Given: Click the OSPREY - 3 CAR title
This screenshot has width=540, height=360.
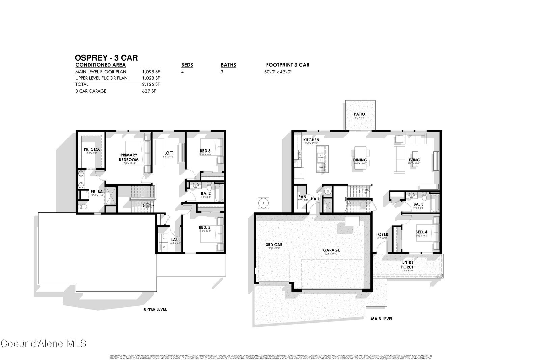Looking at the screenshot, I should (x=106, y=58).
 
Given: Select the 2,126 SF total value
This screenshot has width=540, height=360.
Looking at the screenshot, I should (x=151, y=84).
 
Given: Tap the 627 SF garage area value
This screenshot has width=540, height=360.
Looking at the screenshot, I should (x=149, y=91).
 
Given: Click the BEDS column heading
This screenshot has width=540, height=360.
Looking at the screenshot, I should (x=187, y=65).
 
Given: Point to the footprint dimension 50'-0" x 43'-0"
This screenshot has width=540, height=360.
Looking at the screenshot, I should (x=277, y=72).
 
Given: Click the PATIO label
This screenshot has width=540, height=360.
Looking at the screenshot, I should (x=359, y=114).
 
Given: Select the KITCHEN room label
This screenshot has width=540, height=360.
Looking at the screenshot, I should (x=311, y=140).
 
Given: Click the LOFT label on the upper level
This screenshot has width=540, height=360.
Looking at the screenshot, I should (x=168, y=153).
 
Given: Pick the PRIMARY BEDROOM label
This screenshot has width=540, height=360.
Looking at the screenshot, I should (x=129, y=157).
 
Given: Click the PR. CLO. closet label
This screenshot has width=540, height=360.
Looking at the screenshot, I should (x=92, y=149).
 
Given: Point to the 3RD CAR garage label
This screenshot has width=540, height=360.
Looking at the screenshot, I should (x=274, y=245).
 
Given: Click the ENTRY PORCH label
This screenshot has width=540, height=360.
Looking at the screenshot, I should (x=408, y=265).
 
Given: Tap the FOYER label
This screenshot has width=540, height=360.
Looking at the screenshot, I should (x=382, y=234).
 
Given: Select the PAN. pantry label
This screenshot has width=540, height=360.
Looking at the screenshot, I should (x=303, y=197).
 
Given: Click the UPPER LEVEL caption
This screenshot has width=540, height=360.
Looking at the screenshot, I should (x=155, y=309).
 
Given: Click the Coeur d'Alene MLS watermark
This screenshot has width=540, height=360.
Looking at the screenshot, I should (x=43, y=344).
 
